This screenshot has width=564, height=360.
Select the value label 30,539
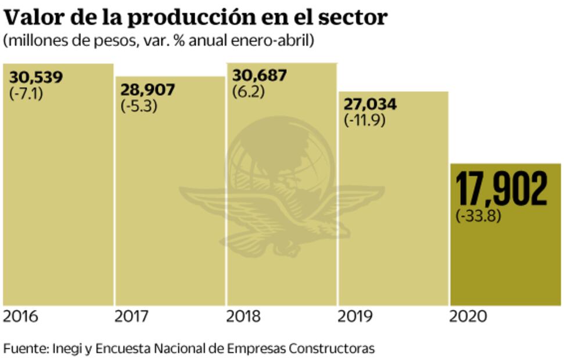click(36, 78)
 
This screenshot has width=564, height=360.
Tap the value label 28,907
click(148, 91)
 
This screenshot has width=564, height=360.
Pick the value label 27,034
click(371, 105)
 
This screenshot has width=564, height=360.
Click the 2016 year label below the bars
click(20, 317)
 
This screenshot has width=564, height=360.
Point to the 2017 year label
click(132, 317)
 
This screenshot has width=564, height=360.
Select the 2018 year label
click(244, 317)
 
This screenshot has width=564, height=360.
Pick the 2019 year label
click(355, 317)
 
